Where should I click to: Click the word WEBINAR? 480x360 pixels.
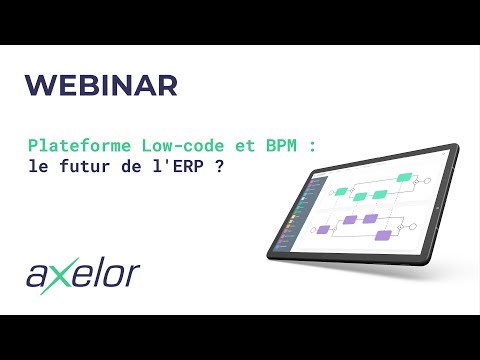click(x=100, y=85)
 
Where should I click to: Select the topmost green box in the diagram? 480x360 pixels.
click(x=404, y=177)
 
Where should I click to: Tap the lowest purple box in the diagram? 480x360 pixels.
click(x=381, y=236)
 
